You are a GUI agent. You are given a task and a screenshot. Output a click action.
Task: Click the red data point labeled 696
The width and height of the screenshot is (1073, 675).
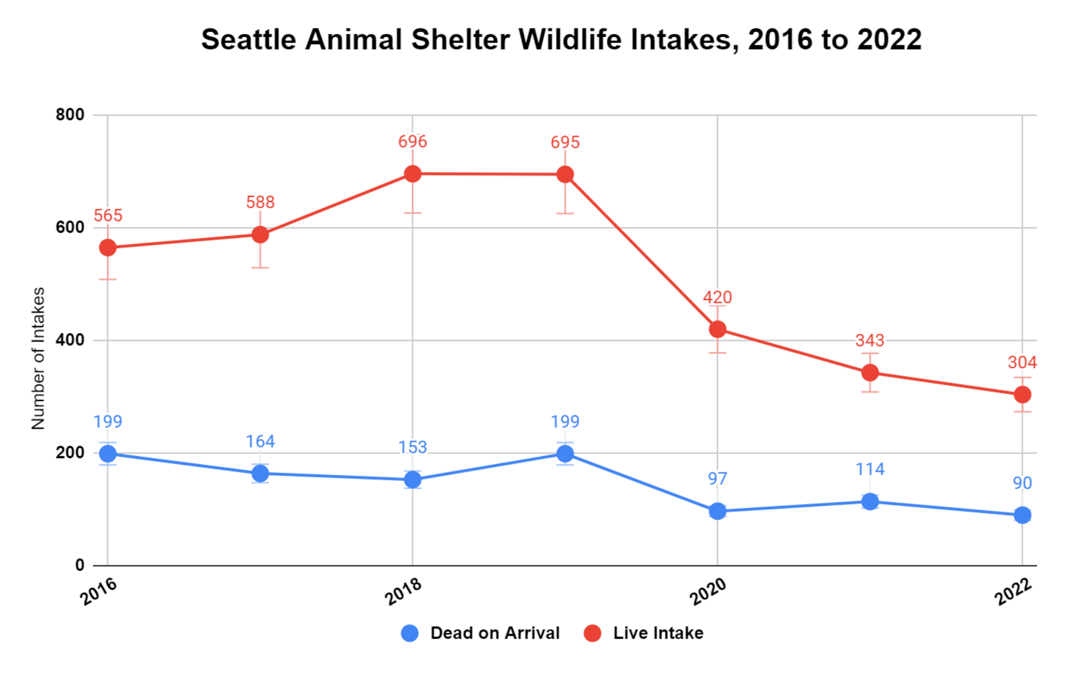coord(412,174)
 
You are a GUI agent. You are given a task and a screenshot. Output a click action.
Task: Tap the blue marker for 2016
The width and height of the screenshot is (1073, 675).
coord(108,454)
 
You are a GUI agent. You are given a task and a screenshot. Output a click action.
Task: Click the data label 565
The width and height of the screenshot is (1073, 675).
coord(108,216)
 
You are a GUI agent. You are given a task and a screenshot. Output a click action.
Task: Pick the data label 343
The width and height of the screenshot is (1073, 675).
coord(870,340)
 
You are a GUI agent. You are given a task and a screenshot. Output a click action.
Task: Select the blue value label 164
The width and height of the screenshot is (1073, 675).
coord(260,441)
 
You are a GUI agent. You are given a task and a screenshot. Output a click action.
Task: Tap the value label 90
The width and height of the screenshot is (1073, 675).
coord(1022,483)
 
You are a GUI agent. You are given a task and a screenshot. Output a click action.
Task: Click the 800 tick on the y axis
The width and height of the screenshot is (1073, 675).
coord(70,115)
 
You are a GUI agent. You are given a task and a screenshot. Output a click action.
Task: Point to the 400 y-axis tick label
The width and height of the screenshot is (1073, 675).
coord(70,340)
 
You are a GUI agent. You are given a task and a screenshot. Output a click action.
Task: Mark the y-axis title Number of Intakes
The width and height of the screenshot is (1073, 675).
coord(38,358)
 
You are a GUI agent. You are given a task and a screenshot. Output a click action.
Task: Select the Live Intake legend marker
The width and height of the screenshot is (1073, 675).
coord(592,633)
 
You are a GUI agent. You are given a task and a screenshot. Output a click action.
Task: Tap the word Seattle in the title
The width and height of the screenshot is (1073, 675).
coord(249,39)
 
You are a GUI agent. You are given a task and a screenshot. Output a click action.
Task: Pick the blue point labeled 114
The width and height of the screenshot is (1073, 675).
coord(870,502)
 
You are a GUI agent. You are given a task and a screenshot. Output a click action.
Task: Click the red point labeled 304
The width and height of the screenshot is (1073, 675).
coord(1022,395)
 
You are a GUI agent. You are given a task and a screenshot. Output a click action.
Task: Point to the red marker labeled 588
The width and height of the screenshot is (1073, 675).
coord(260,234)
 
